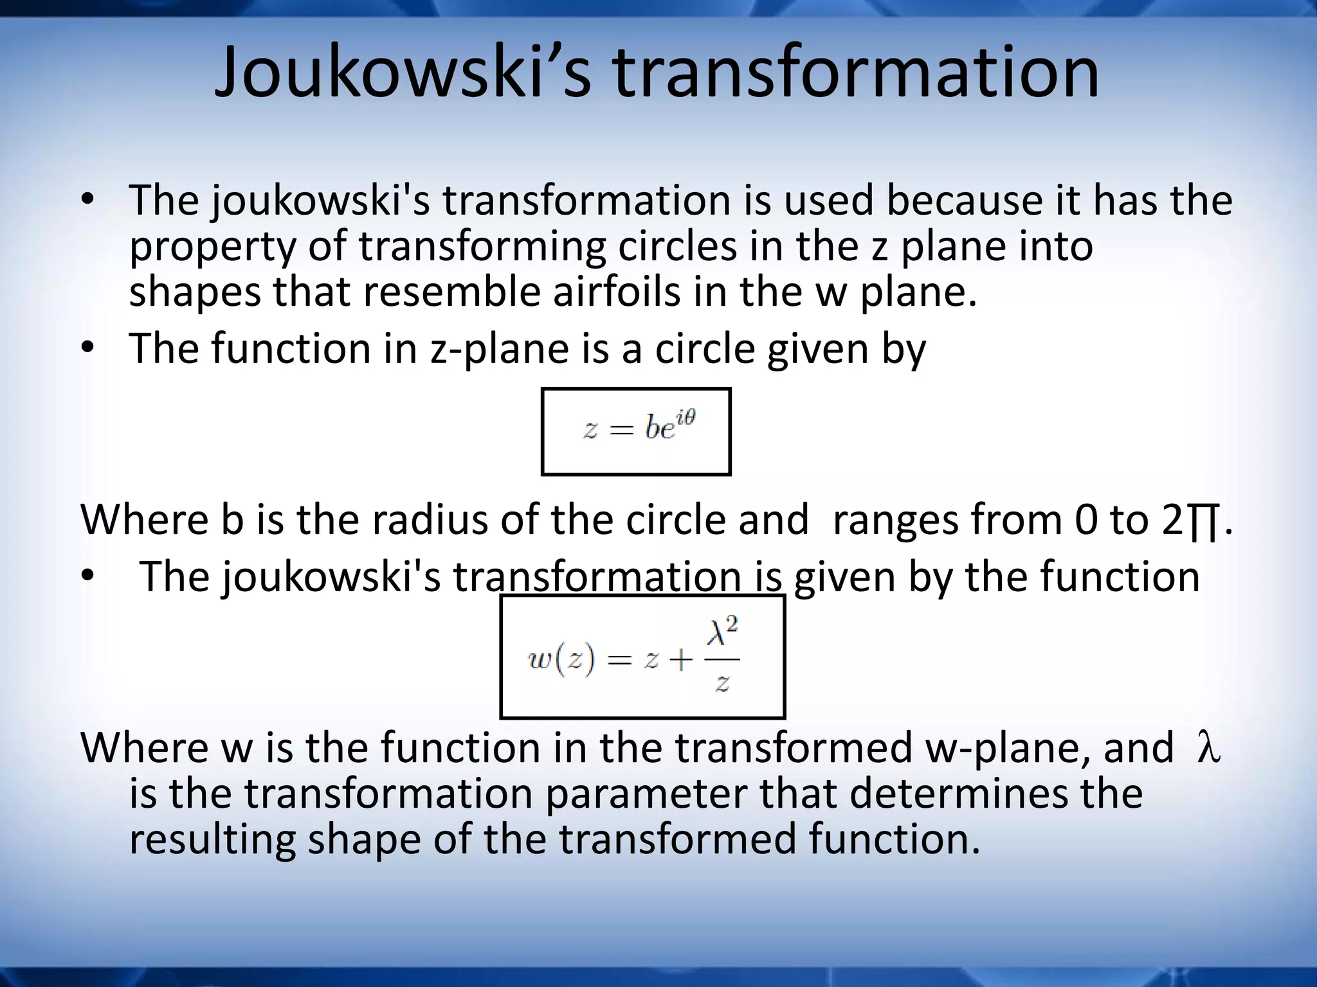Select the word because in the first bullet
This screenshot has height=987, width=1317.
click(965, 200)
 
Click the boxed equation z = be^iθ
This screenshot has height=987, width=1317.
click(636, 431)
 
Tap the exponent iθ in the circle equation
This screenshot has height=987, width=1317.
click(686, 418)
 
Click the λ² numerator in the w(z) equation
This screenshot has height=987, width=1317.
click(722, 631)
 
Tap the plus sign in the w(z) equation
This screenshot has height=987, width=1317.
click(680, 661)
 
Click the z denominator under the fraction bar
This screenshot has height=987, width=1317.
click(722, 682)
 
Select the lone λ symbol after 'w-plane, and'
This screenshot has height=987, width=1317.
click(1208, 748)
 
